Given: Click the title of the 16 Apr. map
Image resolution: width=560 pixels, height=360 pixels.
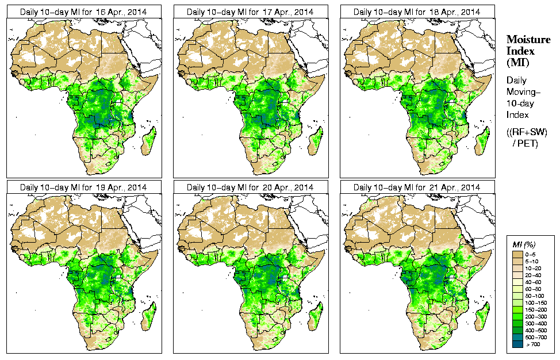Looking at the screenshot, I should click(x=83, y=12).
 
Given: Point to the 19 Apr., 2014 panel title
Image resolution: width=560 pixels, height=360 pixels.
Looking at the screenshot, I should click(x=83, y=187).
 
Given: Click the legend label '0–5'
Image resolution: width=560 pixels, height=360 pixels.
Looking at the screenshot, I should click(x=532, y=254).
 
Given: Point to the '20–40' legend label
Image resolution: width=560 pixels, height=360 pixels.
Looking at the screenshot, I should click(x=533, y=274).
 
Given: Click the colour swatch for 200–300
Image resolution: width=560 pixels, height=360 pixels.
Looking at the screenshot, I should click(x=517, y=316).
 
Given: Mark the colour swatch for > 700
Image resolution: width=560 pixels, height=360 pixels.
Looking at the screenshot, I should click(x=517, y=343).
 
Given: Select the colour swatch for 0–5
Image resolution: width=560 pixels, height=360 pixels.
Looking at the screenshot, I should click(x=517, y=254).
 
